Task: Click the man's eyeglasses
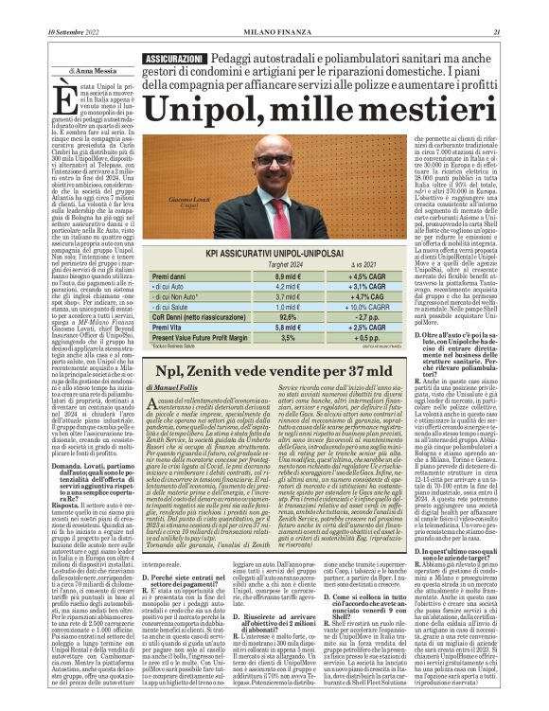[274, 161]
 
